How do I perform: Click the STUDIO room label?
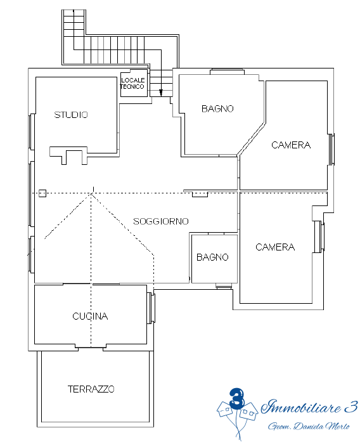tap(71, 115)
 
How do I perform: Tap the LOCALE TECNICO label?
tap(132, 84)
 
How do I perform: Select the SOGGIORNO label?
tap(161, 221)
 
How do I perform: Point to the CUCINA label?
tap(90, 316)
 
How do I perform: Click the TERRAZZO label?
tap(91, 389)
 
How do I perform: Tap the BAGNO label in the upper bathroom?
tap(217, 108)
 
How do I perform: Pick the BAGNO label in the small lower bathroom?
tap(212, 257)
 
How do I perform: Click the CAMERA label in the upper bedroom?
tap(291, 145)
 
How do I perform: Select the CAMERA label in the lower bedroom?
tap(275, 247)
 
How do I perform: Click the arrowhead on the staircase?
tap(161, 93)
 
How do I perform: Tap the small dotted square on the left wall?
tap(42, 193)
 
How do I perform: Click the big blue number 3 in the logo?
tap(236, 398)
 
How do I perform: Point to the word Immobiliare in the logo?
tap(300, 407)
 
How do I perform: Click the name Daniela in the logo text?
tap(309, 426)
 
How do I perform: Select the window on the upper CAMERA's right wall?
tap(332, 150)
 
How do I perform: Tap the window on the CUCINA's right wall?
tap(151, 308)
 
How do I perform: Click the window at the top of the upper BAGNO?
tap(227, 72)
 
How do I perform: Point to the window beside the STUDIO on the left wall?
tap(32, 131)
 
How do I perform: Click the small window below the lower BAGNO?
tap(224, 286)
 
